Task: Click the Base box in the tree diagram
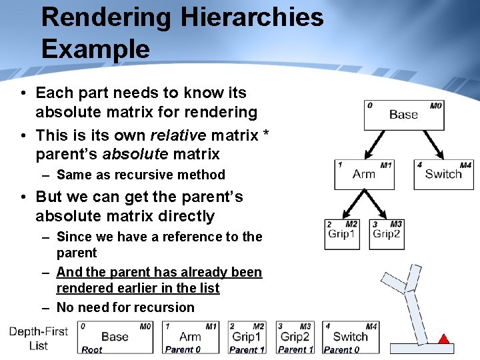(403, 115)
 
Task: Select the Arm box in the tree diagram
(364, 174)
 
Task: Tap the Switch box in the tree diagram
(443, 174)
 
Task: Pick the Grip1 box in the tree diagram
(342, 234)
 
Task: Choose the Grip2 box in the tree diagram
(387, 234)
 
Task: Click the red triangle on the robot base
(443, 339)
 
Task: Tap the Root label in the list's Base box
(92, 349)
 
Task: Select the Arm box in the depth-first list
(190, 337)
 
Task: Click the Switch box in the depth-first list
(351, 337)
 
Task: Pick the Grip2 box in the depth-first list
(294, 337)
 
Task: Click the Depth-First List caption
(39, 339)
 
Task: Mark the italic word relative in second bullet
(178, 135)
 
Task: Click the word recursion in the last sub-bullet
(164, 307)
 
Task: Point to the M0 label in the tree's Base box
(435, 105)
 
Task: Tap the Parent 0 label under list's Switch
(341, 349)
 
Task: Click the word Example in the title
(95, 49)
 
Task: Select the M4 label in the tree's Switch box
(465, 165)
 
